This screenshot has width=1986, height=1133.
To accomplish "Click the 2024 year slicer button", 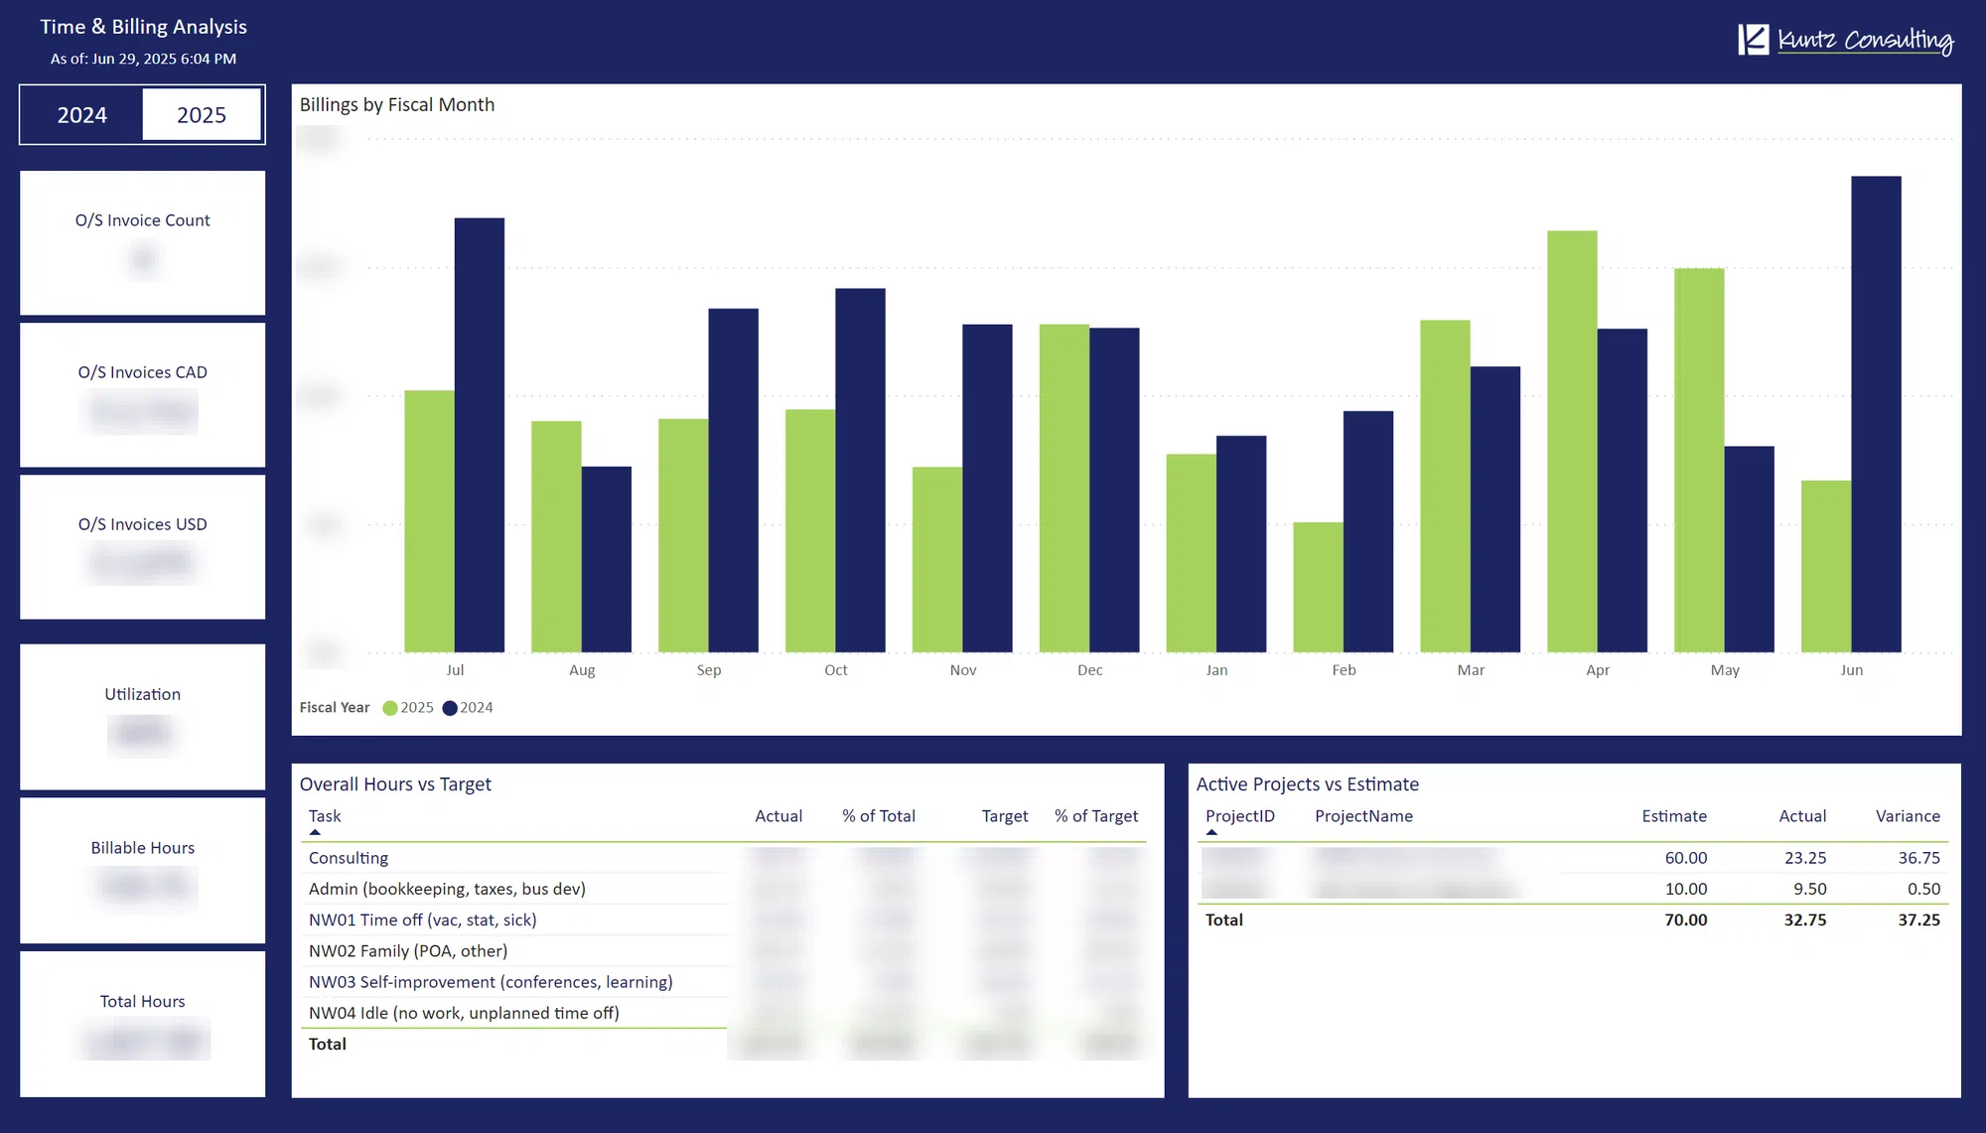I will [81, 115].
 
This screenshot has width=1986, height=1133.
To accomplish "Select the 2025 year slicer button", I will [202, 115].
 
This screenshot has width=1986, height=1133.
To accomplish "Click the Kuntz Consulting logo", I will [1845, 40].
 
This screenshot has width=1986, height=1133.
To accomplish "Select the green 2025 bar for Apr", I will [1572, 442].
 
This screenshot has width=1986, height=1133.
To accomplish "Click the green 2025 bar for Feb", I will [1318, 587].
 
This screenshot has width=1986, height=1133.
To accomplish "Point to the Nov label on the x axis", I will [962, 670].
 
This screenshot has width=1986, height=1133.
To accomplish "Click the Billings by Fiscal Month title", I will [397, 105].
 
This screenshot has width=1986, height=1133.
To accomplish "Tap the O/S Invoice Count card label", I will [143, 220].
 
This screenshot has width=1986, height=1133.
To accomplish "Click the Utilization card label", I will [143, 694].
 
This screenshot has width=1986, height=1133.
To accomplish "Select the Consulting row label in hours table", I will [349, 858].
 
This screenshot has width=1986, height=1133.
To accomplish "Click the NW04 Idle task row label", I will [464, 1013].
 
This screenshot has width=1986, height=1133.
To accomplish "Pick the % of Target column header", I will [1095, 816].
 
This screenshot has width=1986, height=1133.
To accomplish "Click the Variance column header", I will [1907, 816].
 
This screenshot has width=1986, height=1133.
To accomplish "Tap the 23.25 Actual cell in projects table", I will [1804, 858].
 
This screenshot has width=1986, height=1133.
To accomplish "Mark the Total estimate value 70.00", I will [1685, 921].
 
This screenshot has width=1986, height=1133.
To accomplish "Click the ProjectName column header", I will [1363, 816].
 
